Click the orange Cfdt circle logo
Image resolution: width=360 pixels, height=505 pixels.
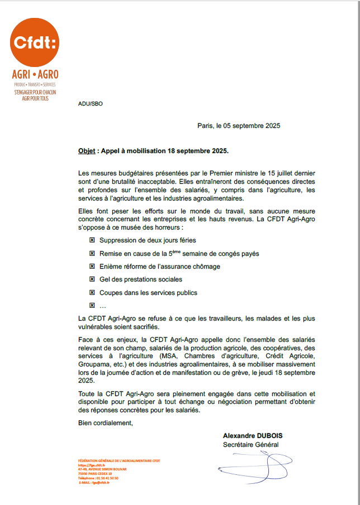point(35,42)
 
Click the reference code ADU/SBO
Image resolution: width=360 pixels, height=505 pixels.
point(90,103)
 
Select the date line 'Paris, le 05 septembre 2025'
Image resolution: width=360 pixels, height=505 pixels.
point(239,126)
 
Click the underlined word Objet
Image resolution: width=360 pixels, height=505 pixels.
point(86,151)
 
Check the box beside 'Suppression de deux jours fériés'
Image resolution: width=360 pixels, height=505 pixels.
point(92,240)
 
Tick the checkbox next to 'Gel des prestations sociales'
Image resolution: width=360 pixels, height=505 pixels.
point(92,279)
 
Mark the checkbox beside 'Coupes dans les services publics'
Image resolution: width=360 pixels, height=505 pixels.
point(92,293)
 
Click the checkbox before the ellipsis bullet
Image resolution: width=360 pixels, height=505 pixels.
point(92,306)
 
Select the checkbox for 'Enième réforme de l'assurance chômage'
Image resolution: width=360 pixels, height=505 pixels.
point(92,266)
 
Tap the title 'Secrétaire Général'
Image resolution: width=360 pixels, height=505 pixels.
point(250,445)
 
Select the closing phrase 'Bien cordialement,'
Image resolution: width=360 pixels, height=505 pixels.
point(106,422)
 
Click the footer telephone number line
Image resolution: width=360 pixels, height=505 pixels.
point(98,478)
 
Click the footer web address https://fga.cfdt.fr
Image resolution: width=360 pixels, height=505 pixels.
point(92,465)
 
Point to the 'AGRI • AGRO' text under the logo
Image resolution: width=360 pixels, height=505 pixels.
point(35,74)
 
